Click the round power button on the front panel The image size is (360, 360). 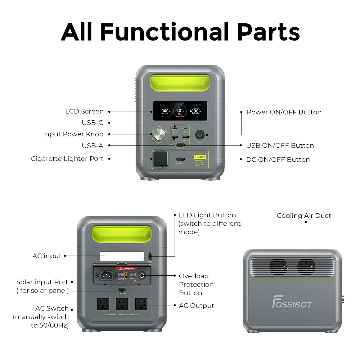coord(200,135)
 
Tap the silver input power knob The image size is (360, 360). coord(160,134)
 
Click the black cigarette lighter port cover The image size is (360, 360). coord(160,158)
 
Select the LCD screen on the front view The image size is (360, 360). coord(180,111)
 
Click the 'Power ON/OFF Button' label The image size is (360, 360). coord(284,112)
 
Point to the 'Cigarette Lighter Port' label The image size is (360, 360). coord(67,159)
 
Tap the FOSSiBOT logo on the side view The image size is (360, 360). coord(292,302)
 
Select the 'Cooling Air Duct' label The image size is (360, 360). coord(304,216)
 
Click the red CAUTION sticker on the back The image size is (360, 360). coord(127,268)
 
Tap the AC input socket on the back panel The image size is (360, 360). coord(105,275)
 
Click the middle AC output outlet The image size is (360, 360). coord(122,304)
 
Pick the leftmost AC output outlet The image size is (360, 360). coord(103,304)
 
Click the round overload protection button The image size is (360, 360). coord(142,275)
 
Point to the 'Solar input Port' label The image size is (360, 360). coord(42,282)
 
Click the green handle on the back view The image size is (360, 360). coord(122,234)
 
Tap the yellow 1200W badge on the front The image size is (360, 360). coord(200,157)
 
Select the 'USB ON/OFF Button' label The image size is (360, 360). coord(280,145)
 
